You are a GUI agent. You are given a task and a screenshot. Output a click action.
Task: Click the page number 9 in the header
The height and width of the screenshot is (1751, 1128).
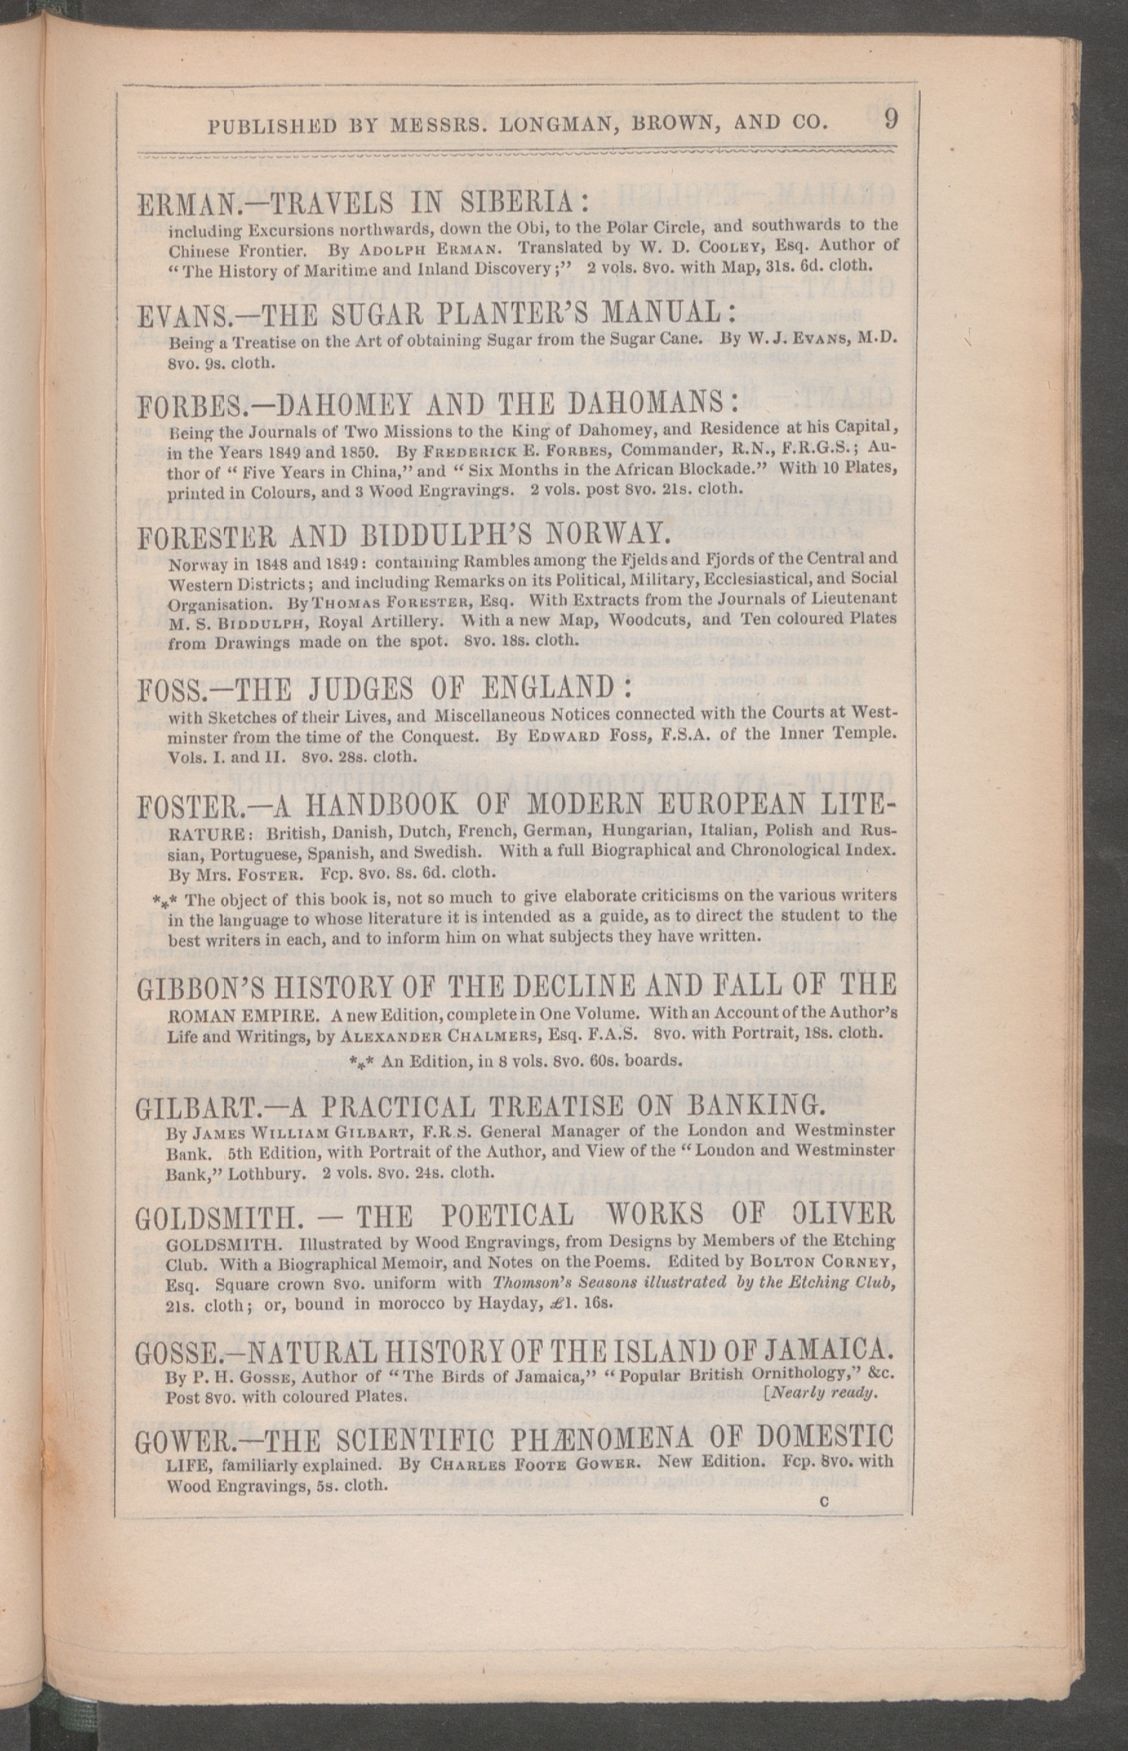890,119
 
